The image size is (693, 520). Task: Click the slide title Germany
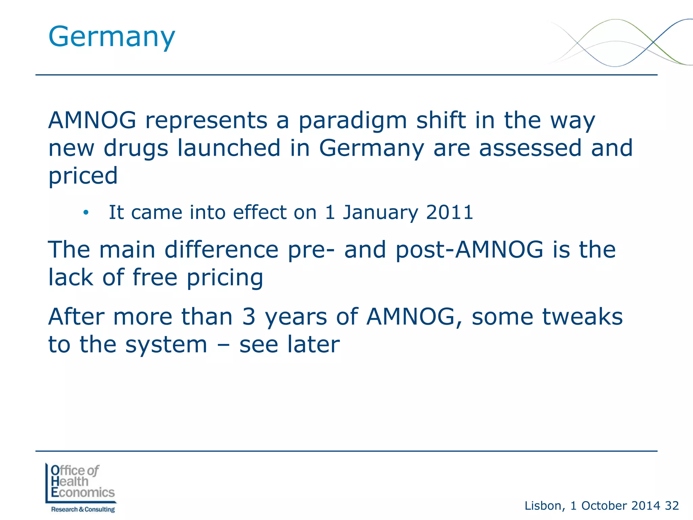[112, 37]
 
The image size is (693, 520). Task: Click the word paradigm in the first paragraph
[352, 121]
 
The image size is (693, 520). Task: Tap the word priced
[83, 176]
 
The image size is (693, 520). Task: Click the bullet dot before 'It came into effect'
[86, 213]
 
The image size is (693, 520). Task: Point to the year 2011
[449, 213]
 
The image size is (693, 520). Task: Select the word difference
[222, 250]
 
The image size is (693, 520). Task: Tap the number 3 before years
[249, 317]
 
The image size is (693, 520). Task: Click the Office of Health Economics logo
[81, 482]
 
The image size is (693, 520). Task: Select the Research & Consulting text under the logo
[83, 509]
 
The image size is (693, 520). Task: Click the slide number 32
[672, 506]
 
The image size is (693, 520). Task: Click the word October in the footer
[604, 506]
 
